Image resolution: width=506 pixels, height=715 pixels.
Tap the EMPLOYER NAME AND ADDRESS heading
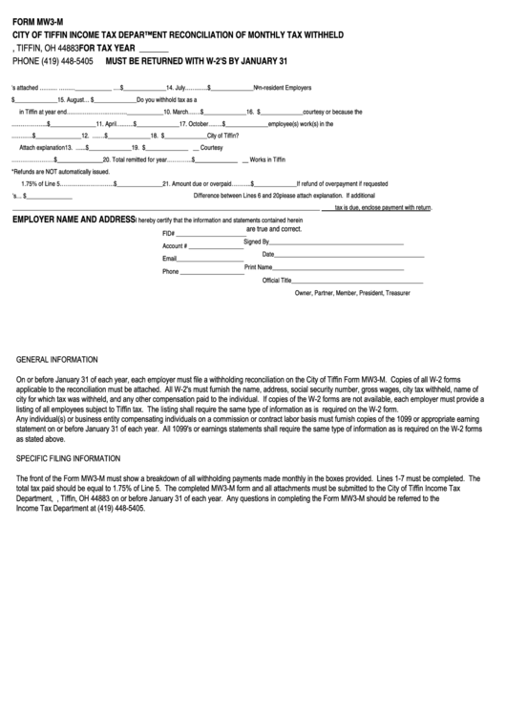(74, 220)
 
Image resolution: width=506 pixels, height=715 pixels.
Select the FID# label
(169, 234)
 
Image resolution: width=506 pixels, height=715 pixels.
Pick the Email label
(170, 259)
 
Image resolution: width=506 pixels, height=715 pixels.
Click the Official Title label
(277, 280)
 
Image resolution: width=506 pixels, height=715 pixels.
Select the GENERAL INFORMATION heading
(57, 360)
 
